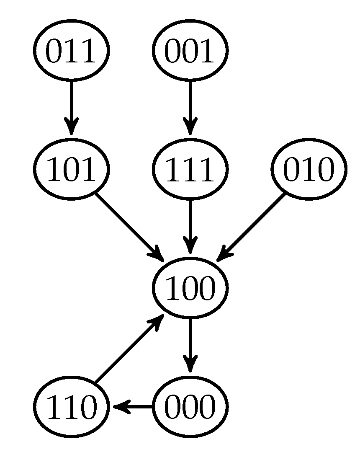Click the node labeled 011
coord(71,50)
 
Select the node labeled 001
coord(190,50)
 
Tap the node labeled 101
coord(71,169)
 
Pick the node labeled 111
coord(190,169)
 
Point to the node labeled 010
coord(309,169)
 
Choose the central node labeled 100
coord(190,288)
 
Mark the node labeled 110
coord(71,406)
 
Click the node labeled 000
coord(190,406)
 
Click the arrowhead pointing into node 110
coord(119,406)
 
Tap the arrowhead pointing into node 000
coord(190,364)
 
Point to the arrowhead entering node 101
coord(71,127)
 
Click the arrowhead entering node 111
coord(190,127)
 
